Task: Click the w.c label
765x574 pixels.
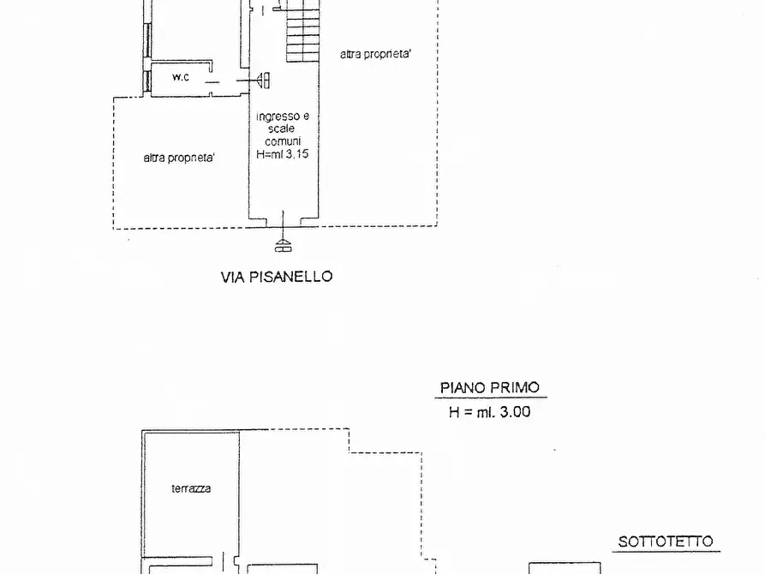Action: (x=180, y=78)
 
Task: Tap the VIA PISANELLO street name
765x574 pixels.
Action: (x=277, y=277)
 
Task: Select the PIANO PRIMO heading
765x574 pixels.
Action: (x=490, y=387)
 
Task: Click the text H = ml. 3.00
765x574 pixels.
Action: (x=489, y=411)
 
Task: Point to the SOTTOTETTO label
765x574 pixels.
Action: (x=666, y=542)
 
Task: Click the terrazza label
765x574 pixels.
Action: (x=190, y=489)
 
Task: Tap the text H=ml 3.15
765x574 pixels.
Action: (x=283, y=155)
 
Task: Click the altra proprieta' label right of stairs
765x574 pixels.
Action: (x=375, y=54)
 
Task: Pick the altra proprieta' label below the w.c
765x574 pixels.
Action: (x=179, y=158)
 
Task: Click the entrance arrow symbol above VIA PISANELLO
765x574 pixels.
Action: (x=283, y=245)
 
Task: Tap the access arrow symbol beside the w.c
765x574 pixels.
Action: (x=263, y=80)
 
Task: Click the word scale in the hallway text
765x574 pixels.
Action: (x=283, y=129)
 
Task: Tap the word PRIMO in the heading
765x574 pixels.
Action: (x=515, y=387)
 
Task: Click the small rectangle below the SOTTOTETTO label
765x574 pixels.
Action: (x=564, y=567)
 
